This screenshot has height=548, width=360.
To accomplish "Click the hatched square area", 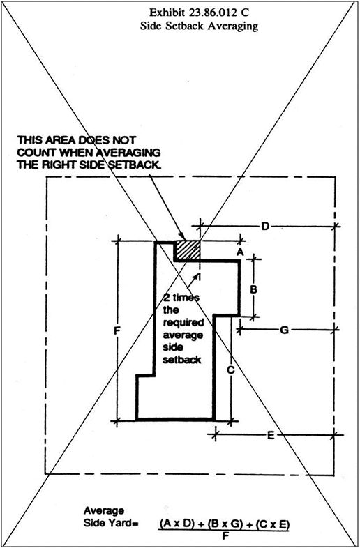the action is (x=187, y=250).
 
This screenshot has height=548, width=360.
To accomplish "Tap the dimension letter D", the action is (x=265, y=227).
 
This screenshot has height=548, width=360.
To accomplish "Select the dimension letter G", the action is (x=285, y=330).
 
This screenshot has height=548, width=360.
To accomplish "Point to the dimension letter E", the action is (x=271, y=436).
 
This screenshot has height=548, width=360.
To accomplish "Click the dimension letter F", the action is (x=117, y=330).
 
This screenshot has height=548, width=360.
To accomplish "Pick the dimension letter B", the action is (x=254, y=289).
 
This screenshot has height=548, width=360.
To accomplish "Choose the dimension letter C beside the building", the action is (x=230, y=370).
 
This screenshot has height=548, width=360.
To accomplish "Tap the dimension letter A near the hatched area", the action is (x=239, y=252).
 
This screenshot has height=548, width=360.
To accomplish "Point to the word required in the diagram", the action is (x=183, y=323).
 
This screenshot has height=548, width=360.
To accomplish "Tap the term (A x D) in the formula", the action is (x=177, y=524).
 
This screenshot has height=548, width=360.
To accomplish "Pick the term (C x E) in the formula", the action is (x=273, y=524).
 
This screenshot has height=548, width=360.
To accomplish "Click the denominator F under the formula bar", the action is (x=224, y=535).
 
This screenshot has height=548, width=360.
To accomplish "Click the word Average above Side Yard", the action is (x=103, y=511).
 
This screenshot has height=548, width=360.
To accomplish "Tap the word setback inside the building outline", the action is (x=182, y=360).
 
